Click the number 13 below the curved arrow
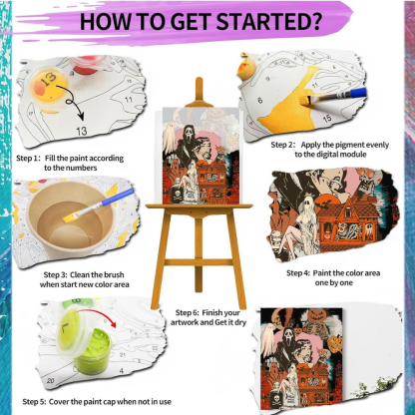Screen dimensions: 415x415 click(x=81, y=131)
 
